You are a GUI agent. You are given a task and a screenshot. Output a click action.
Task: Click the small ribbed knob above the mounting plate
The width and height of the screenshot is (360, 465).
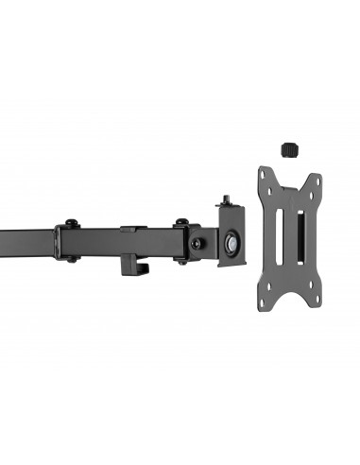point(290,148)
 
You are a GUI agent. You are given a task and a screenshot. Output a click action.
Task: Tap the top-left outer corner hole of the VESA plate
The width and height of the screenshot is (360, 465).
point(265,174)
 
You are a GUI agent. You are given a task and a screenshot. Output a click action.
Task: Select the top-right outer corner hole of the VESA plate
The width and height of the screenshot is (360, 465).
point(317,180)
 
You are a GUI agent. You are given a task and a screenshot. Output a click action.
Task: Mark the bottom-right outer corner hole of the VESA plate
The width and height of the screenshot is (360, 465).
point(317,301)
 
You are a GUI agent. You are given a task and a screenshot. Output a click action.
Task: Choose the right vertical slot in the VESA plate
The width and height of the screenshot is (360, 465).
point(302,237)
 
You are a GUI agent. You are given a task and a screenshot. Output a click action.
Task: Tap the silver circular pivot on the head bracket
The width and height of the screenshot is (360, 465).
point(232,241)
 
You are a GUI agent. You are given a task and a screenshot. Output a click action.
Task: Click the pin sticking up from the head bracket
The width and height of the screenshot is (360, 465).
point(227,201)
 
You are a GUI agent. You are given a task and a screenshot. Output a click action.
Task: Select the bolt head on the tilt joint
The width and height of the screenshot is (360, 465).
point(197,242)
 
